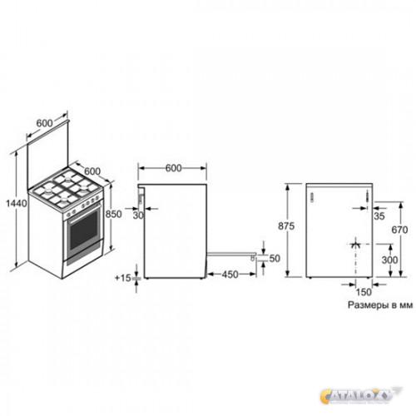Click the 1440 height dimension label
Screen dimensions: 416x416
(17, 204)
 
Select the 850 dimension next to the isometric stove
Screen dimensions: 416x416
(114, 214)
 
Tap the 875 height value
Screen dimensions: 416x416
(286, 226)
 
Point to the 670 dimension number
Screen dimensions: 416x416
(399, 230)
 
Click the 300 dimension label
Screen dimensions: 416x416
(389, 260)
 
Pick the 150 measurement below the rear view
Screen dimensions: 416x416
(364, 292)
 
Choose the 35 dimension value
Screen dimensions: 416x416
(379, 215)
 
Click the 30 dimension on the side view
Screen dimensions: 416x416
(138, 215)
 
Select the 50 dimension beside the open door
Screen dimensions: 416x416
(275, 258)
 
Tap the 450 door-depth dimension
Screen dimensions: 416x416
(230, 275)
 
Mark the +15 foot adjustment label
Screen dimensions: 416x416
(122, 278)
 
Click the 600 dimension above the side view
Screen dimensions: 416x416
(174, 168)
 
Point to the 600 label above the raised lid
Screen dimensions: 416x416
(44, 123)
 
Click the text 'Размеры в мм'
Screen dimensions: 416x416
(380, 305)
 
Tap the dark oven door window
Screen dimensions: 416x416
(84, 230)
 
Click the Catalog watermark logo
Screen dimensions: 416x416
(360, 395)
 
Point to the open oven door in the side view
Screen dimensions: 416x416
(231, 254)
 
